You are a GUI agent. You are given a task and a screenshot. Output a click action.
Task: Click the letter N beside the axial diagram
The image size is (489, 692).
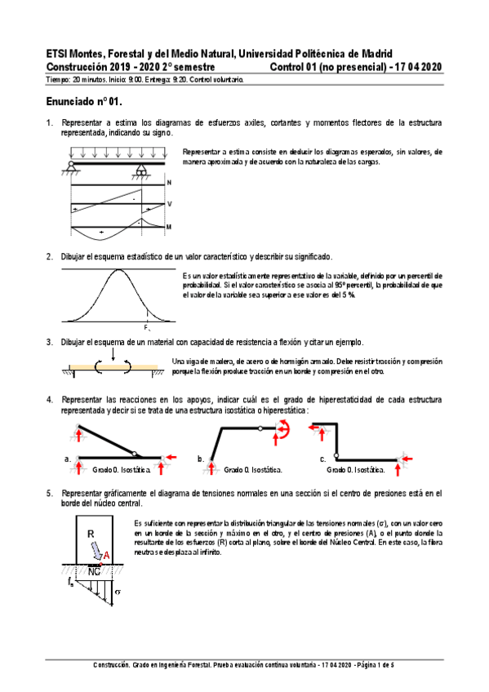[x=169, y=182]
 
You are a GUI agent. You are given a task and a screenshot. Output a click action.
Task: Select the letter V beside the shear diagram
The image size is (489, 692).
[x=169, y=204]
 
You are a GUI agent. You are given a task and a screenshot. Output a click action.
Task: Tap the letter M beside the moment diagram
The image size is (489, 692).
[x=169, y=226]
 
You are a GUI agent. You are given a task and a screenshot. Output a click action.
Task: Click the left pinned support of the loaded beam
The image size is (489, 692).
[x=73, y=168]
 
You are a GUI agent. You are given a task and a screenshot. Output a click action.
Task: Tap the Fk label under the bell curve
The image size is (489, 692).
[x=146, y=326]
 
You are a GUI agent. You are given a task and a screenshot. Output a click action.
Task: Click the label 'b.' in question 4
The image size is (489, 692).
[x=201, y=460]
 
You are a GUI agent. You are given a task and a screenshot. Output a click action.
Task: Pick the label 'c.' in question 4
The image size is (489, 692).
[x=322, y=460]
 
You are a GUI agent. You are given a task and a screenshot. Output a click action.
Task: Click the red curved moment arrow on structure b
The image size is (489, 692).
[x=284, y=430]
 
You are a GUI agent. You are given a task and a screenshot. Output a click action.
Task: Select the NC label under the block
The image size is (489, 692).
[x=94, y=570]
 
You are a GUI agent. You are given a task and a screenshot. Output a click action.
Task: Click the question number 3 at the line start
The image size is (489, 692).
[x=50, y=342]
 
